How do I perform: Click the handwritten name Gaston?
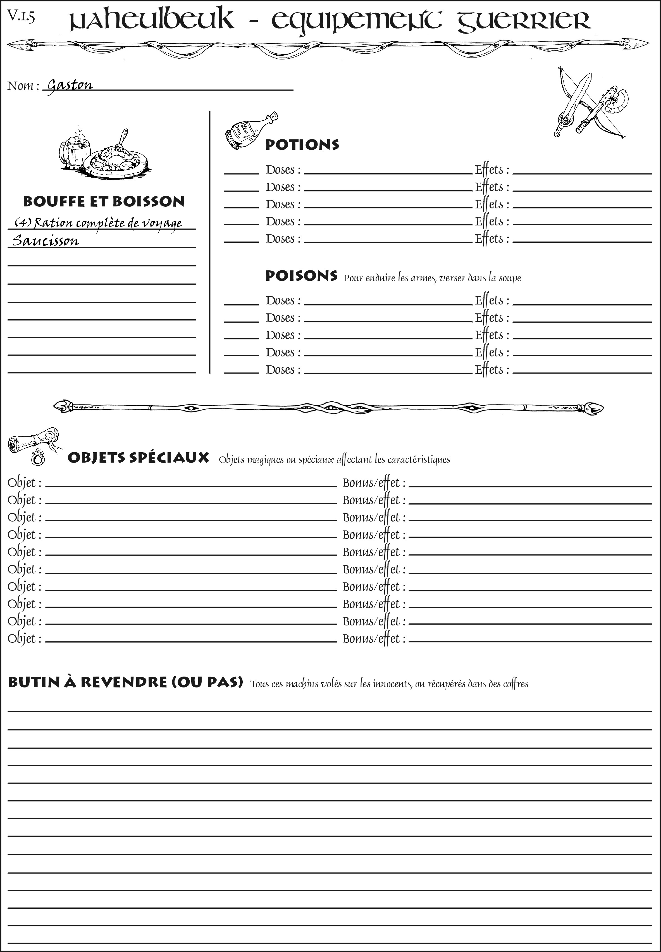tap(70, 85)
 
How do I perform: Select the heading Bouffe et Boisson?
tap(104, 201)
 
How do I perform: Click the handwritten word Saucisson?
tap(46, 241)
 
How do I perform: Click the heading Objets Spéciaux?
tap(138, 458)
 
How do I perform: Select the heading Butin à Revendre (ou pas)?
tap(125, 682)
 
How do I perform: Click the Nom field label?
tap(23, 86)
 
